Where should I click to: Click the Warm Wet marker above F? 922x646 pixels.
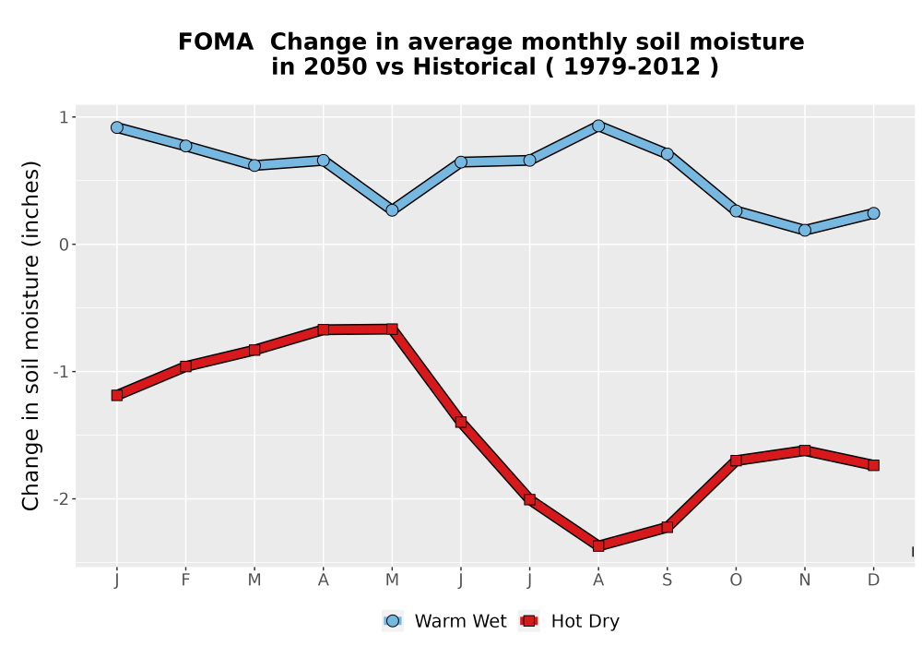(186, 146)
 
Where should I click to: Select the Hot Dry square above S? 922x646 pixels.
(668, 527)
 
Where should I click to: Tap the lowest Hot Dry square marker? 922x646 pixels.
(598, 546)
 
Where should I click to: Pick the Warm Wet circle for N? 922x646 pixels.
(805, 230)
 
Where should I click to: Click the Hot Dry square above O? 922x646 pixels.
(736, 461)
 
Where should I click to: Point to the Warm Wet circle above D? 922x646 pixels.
(874, 213)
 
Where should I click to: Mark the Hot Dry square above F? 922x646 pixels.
(186, 366)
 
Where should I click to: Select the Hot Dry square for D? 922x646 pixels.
(874, 465)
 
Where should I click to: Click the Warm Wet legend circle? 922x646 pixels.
(393, 621)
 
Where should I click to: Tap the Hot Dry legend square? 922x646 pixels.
(529, 621)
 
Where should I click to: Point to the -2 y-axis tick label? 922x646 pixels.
(61, 499)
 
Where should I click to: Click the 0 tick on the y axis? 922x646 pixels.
(65, 245)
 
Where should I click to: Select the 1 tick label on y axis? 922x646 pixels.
(65, 118)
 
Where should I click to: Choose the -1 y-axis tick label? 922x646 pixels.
(61, 372)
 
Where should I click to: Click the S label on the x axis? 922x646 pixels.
(668, 580)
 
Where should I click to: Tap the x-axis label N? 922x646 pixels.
(805, 580)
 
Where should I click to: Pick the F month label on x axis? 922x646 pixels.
(186, 580)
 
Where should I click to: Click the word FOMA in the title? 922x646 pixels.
(216, 42)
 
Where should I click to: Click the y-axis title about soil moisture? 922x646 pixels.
(30, 335)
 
